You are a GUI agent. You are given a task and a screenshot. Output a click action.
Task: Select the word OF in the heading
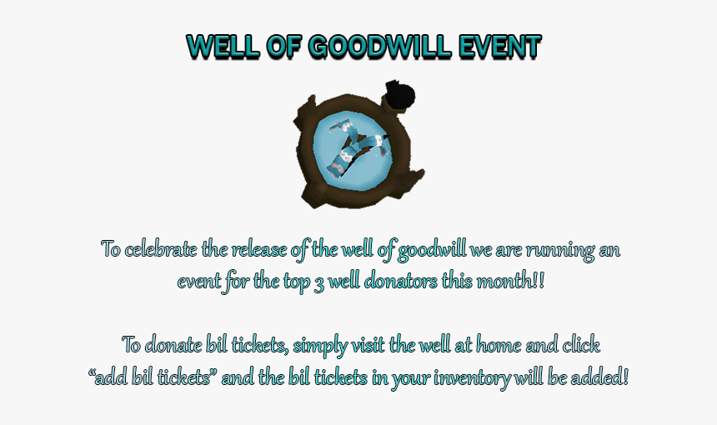coord(283,47)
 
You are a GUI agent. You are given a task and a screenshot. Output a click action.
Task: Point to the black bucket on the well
coord(400,96)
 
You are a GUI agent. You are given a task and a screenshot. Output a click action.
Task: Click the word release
coord(258,250)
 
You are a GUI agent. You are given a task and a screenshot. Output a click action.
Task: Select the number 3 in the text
coord(318,282)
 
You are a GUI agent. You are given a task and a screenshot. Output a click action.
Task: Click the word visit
coord(369,345)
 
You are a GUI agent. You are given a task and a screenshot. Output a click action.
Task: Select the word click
coord(581,345)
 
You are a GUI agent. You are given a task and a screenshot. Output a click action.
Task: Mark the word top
coord(296,282)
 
